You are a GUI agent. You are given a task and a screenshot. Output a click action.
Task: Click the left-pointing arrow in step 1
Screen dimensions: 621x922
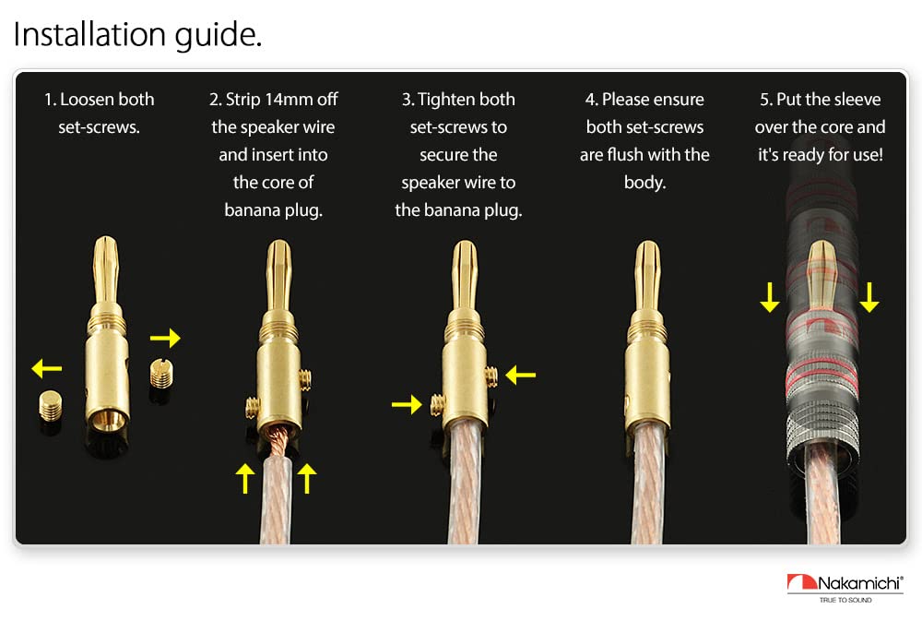point(46,369)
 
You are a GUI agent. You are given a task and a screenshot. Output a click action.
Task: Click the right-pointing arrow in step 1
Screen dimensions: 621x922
point(165,339)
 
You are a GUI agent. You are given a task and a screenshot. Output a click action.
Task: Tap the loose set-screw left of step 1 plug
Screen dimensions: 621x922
point(50,407)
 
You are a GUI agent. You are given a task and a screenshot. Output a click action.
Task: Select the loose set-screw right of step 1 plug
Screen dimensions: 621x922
point(160,374)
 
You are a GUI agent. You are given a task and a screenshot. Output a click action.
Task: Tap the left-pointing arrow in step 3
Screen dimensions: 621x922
point(520,375)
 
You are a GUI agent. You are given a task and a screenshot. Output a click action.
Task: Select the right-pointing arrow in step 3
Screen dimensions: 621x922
point(406,402)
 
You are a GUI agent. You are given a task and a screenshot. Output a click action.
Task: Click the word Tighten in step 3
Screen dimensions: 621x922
point(451,100)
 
